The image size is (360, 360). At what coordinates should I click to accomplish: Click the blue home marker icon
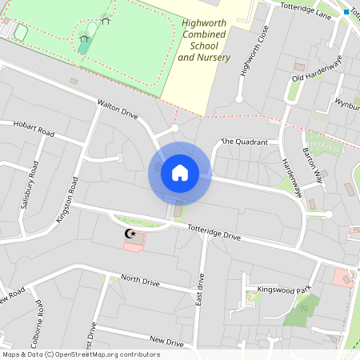[179, 172]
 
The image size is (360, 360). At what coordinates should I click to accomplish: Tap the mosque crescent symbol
[130, 234]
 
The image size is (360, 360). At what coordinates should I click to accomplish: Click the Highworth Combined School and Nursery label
[204, 41]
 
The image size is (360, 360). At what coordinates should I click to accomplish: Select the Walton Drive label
[118, 110]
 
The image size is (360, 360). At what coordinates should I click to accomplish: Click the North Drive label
[141, 282]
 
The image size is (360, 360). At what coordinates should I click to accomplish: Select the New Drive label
[166, 342]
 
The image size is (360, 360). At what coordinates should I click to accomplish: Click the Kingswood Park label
[282, 288]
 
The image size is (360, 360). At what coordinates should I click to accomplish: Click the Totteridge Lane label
[305, 10]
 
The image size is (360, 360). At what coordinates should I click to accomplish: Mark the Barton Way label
[312, 166]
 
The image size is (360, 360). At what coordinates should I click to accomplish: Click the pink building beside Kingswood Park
[342, 278]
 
